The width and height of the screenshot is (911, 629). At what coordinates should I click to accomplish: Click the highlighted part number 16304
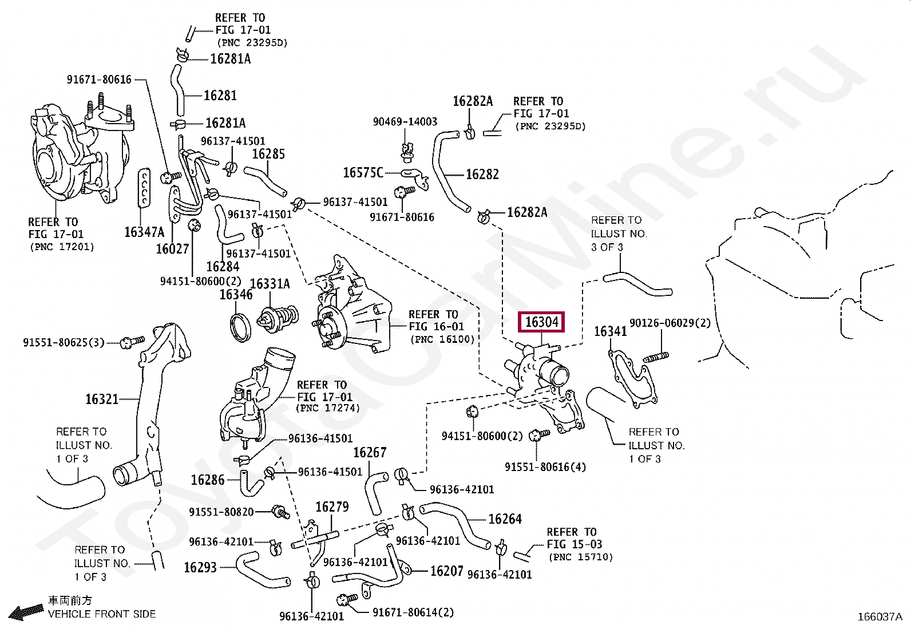pos(541,322)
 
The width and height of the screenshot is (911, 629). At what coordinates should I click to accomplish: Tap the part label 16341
pos(610,331)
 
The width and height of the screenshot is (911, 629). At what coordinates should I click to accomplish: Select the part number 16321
pos(102,399)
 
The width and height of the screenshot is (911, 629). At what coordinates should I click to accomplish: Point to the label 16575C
pos(363,172)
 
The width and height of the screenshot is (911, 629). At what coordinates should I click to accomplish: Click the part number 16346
pos(236,295)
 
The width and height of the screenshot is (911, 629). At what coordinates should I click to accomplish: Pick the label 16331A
pos(270,284)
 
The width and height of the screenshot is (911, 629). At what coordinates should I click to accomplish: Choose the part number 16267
pos(370,453)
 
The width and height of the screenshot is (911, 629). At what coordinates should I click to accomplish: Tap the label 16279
pos(332,507)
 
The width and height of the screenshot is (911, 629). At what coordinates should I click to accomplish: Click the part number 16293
pos(200,567)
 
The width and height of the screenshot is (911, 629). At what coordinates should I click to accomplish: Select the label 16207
pos(446,571)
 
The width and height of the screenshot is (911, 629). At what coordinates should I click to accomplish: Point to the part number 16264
pos(505,519)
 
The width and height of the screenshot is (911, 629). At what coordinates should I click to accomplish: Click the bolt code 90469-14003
pos(405,121)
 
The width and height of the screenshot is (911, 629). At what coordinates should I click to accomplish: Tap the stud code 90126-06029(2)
pos(670,323)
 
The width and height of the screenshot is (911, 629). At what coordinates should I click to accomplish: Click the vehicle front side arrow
pos(26,612)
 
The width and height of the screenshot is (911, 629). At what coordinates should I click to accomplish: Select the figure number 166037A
pos(879,616)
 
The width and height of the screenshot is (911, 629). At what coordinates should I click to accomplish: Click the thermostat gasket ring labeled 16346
pos(240,328)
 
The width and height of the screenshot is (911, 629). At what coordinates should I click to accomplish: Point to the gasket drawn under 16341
pos(632,378)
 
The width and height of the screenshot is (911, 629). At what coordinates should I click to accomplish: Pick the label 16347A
pos(144,232)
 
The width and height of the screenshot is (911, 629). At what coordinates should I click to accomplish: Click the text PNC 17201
pos(62,247)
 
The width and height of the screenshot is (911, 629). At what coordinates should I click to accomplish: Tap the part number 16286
pos(207,480)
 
